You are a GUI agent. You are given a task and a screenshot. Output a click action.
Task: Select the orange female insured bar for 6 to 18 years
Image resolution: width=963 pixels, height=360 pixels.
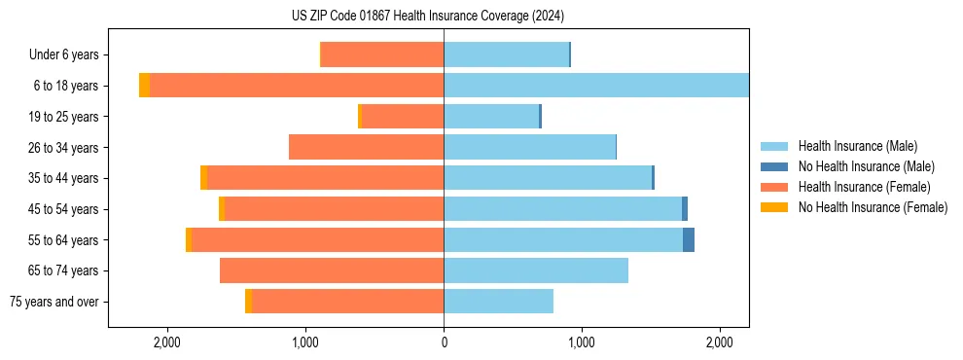click(297, 86)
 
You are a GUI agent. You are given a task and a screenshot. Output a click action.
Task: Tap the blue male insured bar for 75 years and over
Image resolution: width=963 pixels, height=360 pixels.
click(498, 302)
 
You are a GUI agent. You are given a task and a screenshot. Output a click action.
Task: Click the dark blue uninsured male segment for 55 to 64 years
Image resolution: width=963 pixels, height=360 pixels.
click(689, 240)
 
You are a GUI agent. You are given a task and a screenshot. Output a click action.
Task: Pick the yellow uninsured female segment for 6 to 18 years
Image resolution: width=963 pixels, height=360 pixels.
click(144, 86)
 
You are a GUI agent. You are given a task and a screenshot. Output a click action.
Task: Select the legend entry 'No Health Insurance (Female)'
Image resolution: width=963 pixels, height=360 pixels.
click(873, 207)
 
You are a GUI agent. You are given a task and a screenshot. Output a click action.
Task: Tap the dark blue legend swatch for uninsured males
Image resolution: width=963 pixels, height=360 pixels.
click(774, 166)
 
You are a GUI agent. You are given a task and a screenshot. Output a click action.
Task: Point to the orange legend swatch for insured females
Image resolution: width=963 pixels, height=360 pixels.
click(774, 187)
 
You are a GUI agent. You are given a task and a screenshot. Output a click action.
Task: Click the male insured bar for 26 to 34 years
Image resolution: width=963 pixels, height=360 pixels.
click(529, 147)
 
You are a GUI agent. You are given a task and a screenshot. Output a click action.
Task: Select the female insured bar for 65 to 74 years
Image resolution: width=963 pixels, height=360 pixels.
click(332, 270)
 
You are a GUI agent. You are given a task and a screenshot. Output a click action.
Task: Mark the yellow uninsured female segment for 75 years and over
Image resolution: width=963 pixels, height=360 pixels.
click(248, 302)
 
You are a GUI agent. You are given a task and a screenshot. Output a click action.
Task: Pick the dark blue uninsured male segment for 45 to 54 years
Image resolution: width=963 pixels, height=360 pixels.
click(685, 209)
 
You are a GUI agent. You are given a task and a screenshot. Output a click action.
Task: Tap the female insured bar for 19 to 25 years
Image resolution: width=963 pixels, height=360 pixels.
click(403, 117)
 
